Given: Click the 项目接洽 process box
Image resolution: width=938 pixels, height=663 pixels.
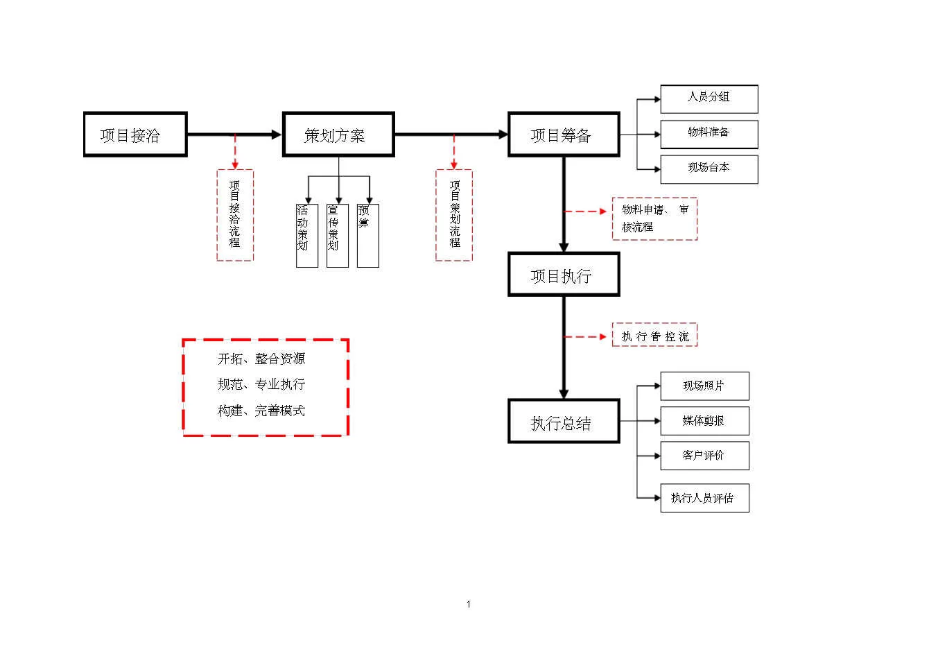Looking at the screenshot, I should [135, 135].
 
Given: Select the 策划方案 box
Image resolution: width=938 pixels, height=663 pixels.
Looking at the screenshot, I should [338, 135].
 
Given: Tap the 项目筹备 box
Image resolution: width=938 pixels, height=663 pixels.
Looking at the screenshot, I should [564, 135].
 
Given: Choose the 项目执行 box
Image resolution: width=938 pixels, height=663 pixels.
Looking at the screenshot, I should [564, 275].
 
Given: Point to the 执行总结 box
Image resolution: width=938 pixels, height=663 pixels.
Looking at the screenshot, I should [564, 422].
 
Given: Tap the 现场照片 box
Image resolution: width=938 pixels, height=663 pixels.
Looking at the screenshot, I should [704, 386].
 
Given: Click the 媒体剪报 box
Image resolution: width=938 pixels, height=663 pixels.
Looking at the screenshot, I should [704, 421].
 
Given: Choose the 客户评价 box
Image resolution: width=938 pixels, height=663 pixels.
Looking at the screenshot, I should [704, 456].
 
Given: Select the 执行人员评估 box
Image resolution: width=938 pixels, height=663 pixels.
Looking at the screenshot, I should [704, 498].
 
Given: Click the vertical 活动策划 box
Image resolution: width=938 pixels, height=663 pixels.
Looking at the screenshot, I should [306, 235].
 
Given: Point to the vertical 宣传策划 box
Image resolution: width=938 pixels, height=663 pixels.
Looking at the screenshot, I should [337, 235].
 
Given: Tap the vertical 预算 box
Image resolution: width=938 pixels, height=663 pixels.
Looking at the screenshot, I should [367, 235].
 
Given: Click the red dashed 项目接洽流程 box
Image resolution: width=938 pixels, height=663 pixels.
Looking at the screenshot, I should [235, 215].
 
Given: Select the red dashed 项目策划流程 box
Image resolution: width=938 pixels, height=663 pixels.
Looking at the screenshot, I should [454, 215].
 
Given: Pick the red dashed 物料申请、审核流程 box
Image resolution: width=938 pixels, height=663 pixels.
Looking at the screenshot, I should [654, 218].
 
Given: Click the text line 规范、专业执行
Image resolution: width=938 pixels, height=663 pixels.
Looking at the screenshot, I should [261, 384].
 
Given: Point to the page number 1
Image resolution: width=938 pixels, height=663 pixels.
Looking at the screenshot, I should [469, 604].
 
